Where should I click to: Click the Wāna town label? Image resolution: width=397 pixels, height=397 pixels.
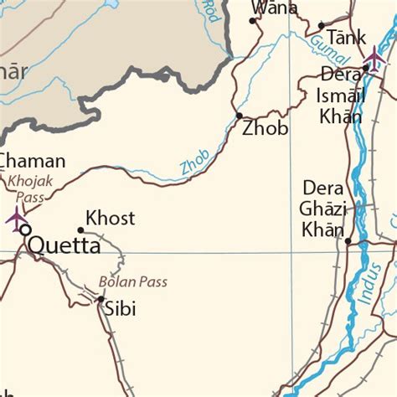pos(274,8)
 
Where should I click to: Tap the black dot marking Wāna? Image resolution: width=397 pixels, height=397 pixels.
pos(254,19)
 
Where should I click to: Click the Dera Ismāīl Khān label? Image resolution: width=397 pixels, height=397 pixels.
pos(342,95)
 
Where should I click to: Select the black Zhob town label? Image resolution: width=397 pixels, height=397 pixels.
pos(265,129)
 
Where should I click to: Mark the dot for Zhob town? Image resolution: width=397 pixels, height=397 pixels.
pos(240,116)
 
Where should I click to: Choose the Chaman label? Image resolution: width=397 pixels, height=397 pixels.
pos(33,161)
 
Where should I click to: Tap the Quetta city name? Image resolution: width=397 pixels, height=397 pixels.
pos(64,246)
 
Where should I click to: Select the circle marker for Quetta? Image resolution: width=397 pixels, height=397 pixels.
pos(24,229)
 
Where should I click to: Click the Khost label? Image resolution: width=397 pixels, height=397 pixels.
pos(110,219)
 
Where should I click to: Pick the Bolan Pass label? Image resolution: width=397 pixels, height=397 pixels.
pos(132,281)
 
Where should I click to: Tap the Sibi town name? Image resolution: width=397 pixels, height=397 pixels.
pos(120,309)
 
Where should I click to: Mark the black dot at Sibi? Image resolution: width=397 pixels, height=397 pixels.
pos(101,299)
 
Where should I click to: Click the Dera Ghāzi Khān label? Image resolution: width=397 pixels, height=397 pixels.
pos(323,209)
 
